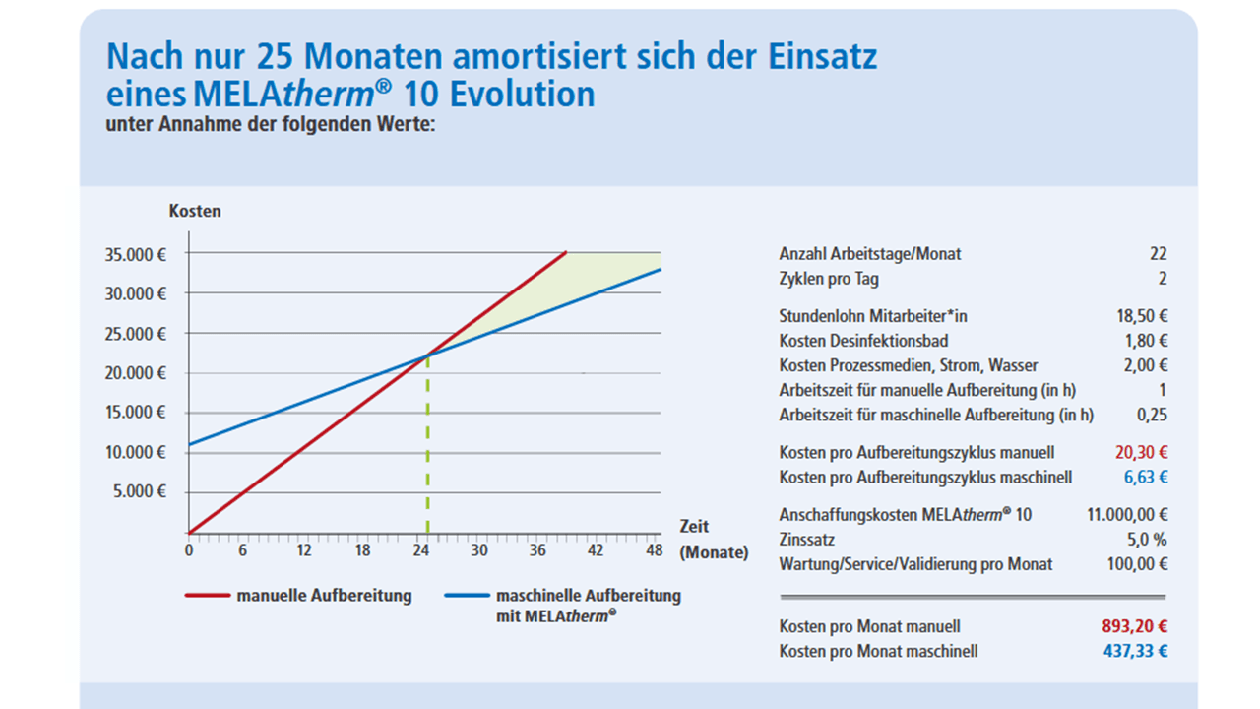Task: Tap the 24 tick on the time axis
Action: [420, 550]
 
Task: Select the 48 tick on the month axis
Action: [653, 550]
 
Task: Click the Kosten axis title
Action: [195, 211]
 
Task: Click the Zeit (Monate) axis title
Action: [713, 540]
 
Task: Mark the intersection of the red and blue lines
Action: [427, 355]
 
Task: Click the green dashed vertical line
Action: [427, 453]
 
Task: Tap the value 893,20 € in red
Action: [1134, 626]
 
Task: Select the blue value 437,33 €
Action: [1134, 652]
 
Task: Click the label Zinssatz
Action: [807, 540]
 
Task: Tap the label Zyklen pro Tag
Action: [829, 280]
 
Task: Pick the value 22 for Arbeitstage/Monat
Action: [1158, 254]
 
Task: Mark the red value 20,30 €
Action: [1140, 453]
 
